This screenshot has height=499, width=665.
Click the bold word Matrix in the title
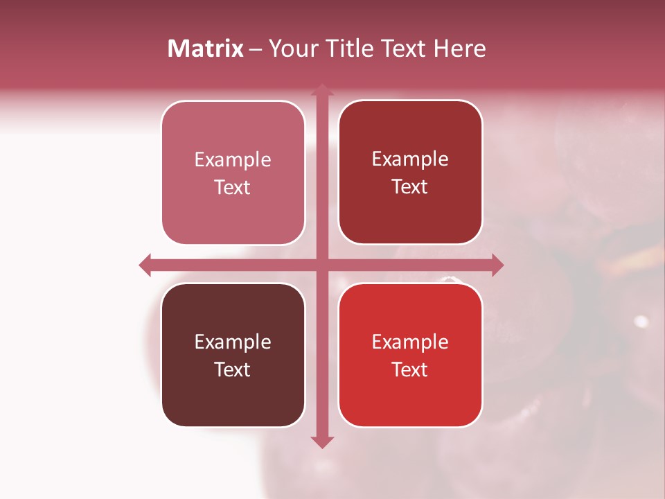click(x=206, y=49)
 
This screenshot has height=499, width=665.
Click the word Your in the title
click(x=293, y=49)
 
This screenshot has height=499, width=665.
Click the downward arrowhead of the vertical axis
click(x=321, y=441)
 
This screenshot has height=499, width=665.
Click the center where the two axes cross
click(x=321, y=265)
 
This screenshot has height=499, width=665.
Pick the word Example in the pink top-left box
click(x=233, y=160)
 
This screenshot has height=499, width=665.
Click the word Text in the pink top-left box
click(x=233, y=188)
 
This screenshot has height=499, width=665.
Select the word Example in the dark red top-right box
click(x=410, y=159)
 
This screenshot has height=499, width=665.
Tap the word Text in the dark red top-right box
click(x=410, y=187)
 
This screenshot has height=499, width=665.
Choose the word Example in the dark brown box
click(x=233, y=342)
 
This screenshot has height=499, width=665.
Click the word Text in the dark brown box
click(x=233, y=369)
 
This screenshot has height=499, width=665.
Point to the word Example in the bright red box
click(x=410, y=342)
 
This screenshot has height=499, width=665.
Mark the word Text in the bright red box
click(x=410, y=369)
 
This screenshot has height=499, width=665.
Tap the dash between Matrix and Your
click(x=256, y=50)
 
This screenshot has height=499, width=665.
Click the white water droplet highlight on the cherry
click(x=641, y=321)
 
